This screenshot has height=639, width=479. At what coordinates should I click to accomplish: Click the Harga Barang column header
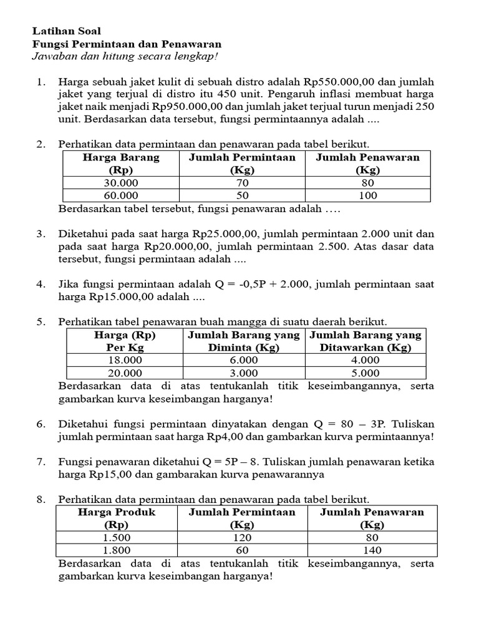pyautogui.click(x=121, y=163)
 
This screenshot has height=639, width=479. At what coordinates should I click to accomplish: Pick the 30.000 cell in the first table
pyautogui.click(x=121, y=183)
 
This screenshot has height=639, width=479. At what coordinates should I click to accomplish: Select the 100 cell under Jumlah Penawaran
pyautogui.click(x=367, y=195)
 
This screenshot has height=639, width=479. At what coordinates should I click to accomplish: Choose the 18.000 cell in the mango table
pyautogui.click(x=125, y=360)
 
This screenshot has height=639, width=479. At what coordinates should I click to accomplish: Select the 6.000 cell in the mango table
pyautogui.click(x=240, y=360)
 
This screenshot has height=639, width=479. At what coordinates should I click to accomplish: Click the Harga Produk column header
pyautogui.click(x=117, y=518)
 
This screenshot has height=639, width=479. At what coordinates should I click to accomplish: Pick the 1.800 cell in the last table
pyautogui.click(x=117, y=550)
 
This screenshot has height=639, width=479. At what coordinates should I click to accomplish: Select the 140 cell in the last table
pyautogui.click(x=372, y=550)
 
